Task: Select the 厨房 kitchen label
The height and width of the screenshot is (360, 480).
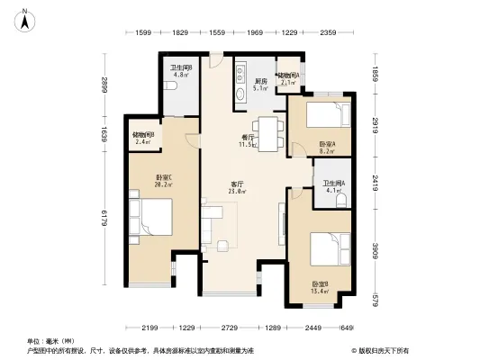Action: pos(259,82)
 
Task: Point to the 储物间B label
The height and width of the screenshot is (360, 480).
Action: pos(143,135)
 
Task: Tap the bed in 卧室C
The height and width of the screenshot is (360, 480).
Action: pos(149,219)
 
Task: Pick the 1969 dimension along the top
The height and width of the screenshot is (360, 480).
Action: pos(255,33)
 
